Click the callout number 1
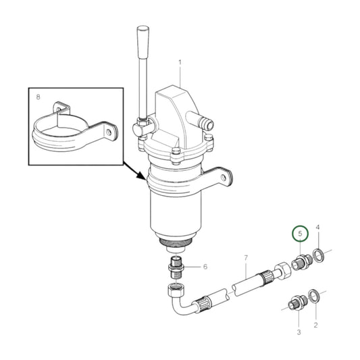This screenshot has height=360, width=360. (180, 62)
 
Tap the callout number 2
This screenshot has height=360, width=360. (315, 325)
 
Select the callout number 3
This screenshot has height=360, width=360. (299, 332)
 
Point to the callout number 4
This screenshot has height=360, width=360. (317, 228)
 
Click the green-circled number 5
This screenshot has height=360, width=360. (300, 234)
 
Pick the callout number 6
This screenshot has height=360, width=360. (205, 267)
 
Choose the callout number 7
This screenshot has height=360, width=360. (246, 258)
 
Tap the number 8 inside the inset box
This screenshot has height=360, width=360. (38, 97)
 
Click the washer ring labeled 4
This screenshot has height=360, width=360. (318, 255)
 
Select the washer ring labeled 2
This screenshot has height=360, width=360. (313, 297)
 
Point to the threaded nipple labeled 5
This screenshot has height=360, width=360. (301, 262)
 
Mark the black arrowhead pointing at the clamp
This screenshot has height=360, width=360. (141, 176)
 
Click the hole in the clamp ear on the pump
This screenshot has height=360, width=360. (223, 177)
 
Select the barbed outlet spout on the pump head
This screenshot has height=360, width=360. (201, 120)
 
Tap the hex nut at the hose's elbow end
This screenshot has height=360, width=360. (176, 290)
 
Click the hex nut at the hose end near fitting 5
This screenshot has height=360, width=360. (282, 269)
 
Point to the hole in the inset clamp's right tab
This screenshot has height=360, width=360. (109, 132)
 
